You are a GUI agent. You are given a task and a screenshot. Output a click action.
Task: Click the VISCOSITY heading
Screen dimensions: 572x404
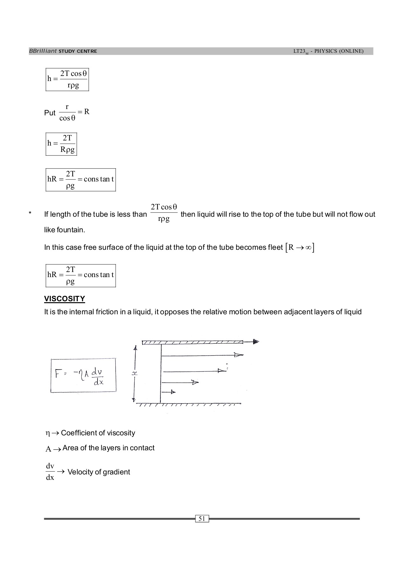[x=64, y=299]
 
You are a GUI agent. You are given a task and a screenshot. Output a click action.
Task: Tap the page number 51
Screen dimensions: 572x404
[x=202, y=519]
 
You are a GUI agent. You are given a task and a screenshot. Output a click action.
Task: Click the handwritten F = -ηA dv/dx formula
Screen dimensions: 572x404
[x=83, y=376]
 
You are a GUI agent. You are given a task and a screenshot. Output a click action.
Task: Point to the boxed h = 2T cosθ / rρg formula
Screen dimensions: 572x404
[x=67, y=79]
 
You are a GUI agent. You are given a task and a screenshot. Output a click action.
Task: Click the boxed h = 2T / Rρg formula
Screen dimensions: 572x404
[x=61, y=144]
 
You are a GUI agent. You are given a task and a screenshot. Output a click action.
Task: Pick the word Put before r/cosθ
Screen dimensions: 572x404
[x=50, y=113]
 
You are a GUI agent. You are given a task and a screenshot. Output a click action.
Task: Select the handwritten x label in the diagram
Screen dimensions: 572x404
[x=135, y=374]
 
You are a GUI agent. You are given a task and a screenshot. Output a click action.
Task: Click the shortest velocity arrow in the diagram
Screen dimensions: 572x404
[x=169, y=392]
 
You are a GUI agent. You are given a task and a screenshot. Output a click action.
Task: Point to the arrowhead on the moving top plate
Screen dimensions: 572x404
[x=256, y=342]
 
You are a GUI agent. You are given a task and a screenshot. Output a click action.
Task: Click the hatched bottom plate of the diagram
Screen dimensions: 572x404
[x=189, y=405]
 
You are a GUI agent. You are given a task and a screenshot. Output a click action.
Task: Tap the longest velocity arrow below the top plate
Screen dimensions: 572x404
[x=203, y=355]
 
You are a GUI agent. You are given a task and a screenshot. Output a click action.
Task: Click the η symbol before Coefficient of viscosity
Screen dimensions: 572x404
[x=48, y=433]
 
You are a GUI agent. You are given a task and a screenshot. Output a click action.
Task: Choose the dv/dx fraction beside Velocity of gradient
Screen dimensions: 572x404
[x=50, y=472]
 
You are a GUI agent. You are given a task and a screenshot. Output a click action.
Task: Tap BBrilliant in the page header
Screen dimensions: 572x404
[x=43, y=51]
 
